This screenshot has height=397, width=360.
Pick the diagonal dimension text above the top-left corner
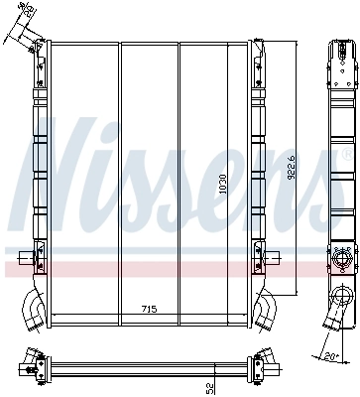click(x=25, y=12)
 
